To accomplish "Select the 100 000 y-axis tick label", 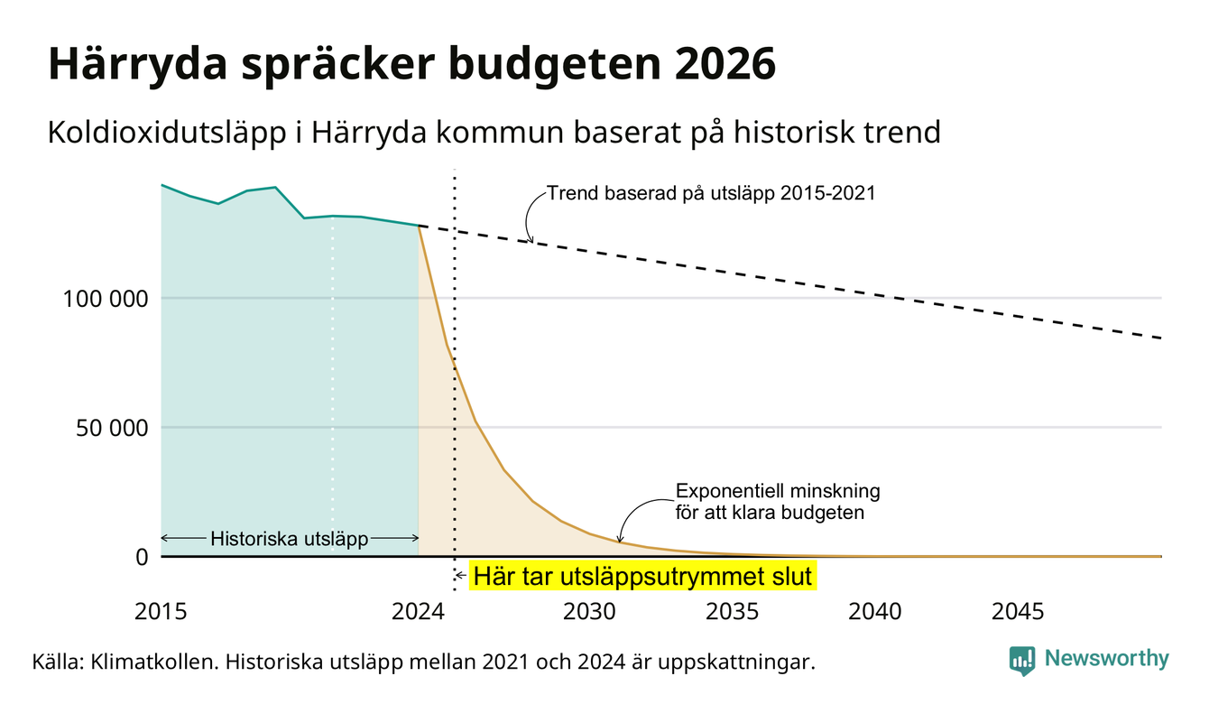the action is tap(106, 299).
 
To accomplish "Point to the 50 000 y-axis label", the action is tap(112, 428).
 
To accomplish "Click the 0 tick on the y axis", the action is tap(142, 557).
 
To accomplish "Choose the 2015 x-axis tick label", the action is tap(161, 612).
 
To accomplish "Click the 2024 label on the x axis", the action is tap(418, 612).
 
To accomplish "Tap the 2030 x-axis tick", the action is tap(589, 612).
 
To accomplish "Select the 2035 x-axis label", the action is tap(733, 612).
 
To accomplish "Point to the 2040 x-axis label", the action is tap(875, 612).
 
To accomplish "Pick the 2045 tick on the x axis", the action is tap(1018, 612).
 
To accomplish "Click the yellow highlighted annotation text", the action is tap(642, 576).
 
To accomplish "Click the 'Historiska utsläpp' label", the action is tap(290, 539).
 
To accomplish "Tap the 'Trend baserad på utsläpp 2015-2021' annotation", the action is tap(711, 193).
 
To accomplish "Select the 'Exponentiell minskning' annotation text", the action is tap(778, 491).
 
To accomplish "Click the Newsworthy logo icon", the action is tap(1022, 661).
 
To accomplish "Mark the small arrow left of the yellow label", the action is tap(460, 576).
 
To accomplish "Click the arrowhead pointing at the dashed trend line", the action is tap(530, 239).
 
